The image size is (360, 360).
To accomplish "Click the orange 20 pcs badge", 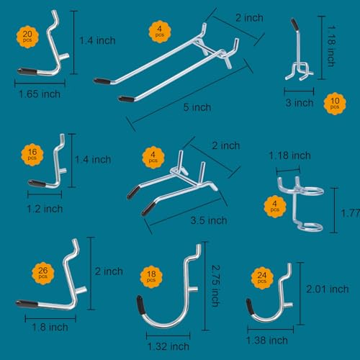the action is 27,37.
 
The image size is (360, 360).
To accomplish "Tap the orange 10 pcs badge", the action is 335,104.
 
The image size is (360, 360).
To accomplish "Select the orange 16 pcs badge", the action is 32,155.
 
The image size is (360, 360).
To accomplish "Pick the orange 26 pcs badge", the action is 43,274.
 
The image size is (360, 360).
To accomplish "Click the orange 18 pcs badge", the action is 151,277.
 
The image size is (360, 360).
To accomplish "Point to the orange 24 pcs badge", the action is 262,278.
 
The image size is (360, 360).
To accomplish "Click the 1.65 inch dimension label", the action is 40,94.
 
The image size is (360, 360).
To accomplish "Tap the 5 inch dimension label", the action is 197,107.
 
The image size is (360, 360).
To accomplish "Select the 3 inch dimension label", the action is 300,103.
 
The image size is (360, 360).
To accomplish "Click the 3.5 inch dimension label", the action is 209,220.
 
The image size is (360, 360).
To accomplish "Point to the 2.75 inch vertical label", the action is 216,286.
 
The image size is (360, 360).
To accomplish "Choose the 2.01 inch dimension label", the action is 328,289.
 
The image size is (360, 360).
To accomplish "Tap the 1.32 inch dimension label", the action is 168,346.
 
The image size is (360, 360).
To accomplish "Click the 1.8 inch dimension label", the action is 50,327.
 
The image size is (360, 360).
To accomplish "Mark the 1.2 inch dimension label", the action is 45,209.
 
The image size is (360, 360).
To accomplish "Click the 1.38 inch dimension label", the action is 267,341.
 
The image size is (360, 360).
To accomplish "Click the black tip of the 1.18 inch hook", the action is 294,24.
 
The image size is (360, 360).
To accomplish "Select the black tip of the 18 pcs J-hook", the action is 140,305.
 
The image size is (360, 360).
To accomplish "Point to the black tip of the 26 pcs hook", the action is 27,304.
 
